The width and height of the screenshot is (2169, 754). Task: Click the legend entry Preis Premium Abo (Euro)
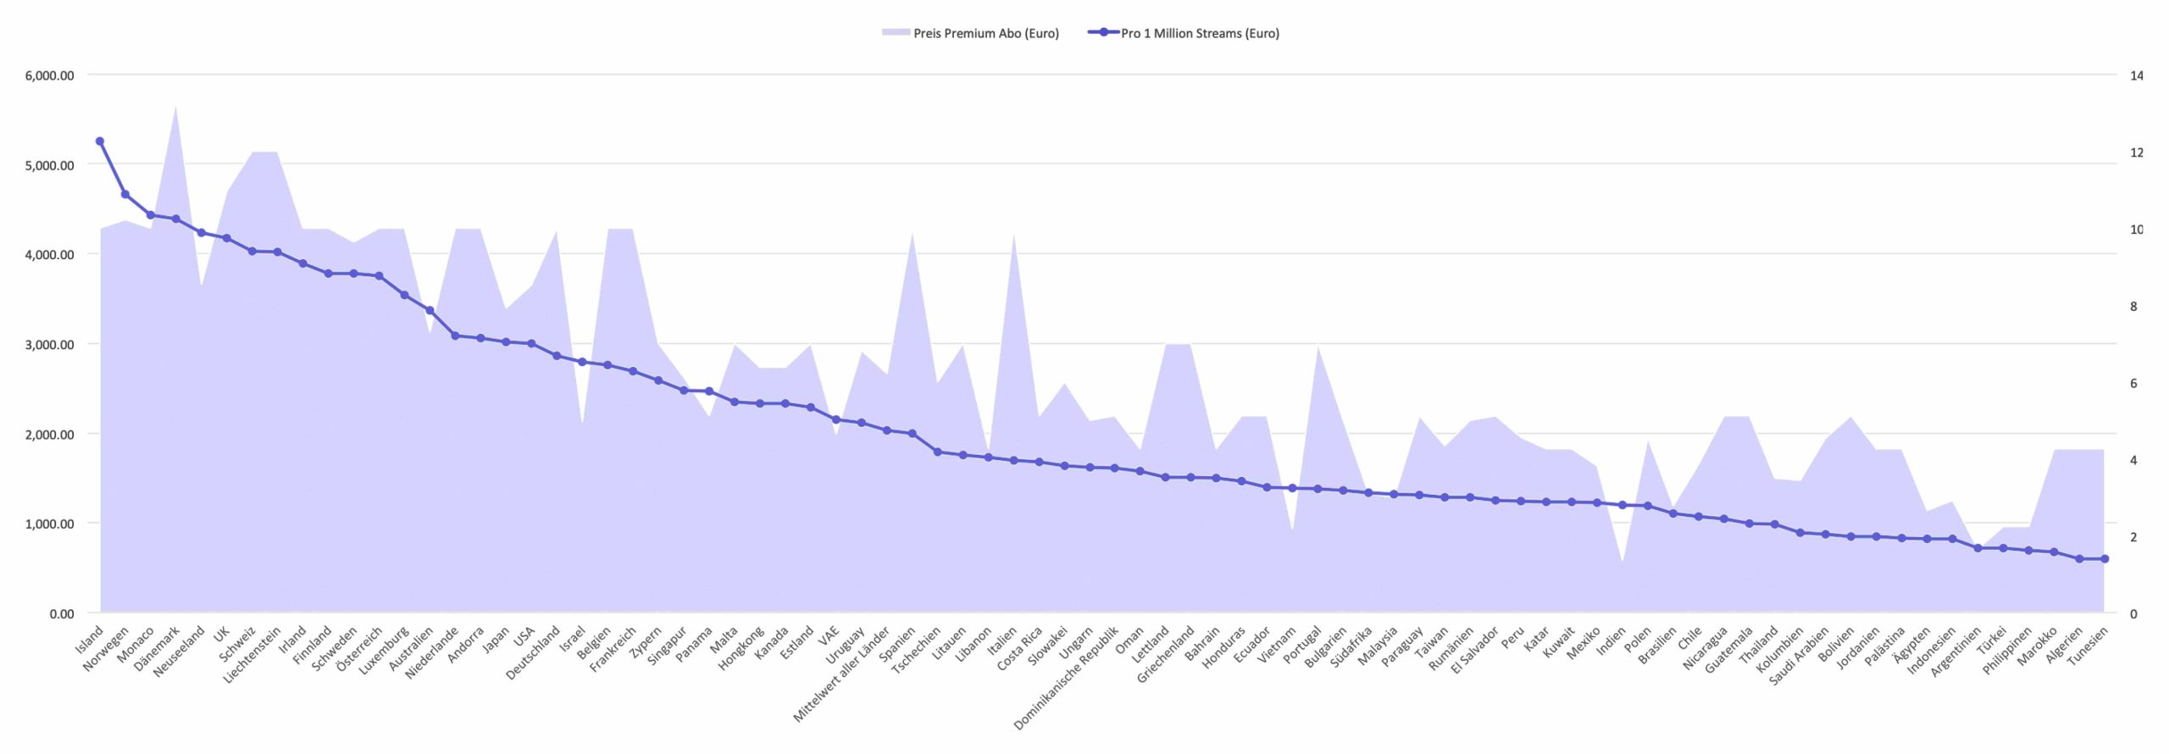970,33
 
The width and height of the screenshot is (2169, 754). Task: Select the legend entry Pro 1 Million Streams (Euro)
1184,33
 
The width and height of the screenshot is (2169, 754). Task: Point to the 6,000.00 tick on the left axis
49,75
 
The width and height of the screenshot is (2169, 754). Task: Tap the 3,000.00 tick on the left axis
49,344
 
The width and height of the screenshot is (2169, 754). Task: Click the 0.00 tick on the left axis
62,613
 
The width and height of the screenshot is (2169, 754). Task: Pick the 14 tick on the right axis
2136,75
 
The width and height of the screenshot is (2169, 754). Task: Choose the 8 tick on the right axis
2133,306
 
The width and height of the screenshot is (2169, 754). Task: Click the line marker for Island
100,141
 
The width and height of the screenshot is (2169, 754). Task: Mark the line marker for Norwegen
125,194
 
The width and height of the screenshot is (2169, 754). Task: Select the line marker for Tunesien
2105,559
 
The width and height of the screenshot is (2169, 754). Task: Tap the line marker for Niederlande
455,335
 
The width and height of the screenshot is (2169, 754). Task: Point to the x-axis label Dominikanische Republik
1067,678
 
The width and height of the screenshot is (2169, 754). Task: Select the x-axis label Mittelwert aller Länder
842,674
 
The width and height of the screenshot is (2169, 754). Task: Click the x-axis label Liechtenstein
252,655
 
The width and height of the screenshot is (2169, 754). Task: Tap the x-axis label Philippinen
2007,651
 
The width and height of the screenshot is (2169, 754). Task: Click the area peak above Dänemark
176,106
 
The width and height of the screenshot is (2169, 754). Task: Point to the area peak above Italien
1013,234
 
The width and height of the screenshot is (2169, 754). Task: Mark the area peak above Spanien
912,232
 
